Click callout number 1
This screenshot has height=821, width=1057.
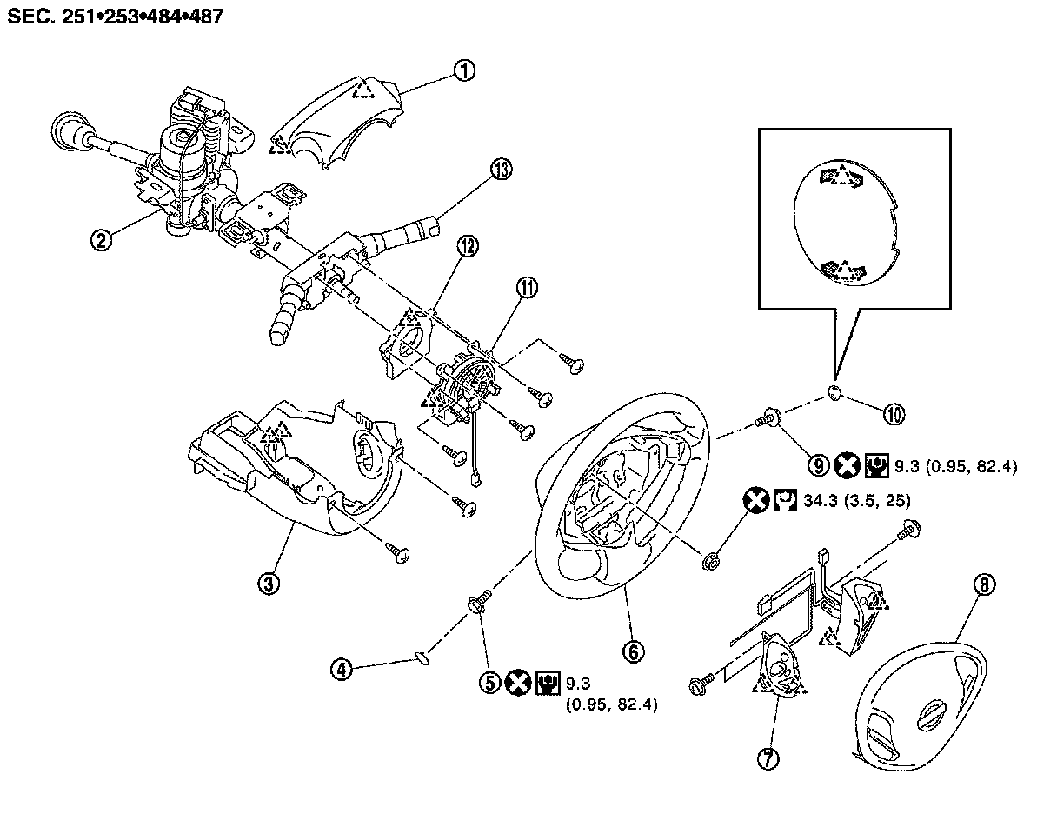(465, 71)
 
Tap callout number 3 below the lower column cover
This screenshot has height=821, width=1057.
(271, 584)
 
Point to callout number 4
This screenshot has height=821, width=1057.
(344, 669)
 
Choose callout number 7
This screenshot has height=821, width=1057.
(768, 758)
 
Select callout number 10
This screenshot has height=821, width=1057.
(893, 414)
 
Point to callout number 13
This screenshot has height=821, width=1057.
(501, 171)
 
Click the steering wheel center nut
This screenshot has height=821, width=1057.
(708, 557)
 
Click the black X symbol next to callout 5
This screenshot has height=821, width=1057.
(518, 683)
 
